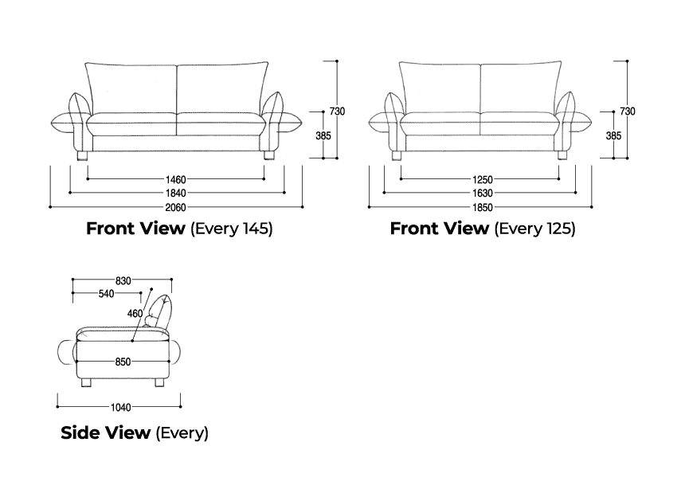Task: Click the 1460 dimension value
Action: click(x=176, y=179)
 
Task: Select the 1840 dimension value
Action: click(x=176, y=193)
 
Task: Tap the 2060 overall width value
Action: click(x=176, y=207)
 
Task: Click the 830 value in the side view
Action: click(x=123, y=280)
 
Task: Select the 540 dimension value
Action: click(x=105, y=294)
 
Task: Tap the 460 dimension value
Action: click(x=135, y=314)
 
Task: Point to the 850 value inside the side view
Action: click(x=123, y=362)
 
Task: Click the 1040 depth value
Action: click(x=120, y=408)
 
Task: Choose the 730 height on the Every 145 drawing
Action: click(x=337, y=111)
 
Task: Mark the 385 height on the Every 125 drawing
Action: click(x=613, y=136)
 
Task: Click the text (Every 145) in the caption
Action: click(x=231, y=229)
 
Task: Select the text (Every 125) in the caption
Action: click(x=534, y=229)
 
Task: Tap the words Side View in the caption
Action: click(x=105, y=433)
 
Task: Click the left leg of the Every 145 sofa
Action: click(x=82, y=155)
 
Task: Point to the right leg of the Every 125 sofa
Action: click(x=563, y=155)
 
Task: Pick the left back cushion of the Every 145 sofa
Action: click(x=131, y=88)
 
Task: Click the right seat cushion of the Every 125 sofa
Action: click(x=520, y=123)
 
